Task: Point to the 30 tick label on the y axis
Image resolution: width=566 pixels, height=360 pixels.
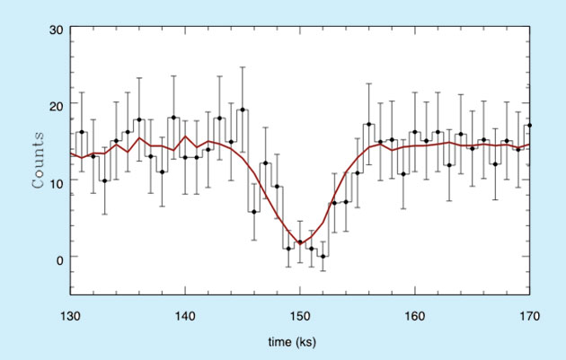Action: point(55,30)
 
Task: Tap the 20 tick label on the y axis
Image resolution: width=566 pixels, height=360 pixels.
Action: point(55,105)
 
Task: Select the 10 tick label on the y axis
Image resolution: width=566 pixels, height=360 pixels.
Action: point(55,181)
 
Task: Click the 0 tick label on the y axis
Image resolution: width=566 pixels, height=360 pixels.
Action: point(58,258)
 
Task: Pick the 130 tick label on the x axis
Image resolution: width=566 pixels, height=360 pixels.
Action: point(70,315)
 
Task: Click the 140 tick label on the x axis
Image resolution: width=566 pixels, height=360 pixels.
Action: point(185,315)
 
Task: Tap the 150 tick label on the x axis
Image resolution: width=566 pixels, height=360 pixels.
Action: point(300,315)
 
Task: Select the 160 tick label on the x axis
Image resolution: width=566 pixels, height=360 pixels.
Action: point(415,315)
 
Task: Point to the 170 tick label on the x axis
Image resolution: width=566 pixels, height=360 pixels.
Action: point(529,315)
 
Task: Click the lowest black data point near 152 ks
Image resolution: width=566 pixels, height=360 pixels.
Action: point(323,257)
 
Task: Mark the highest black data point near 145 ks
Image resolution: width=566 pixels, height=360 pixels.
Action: point(243,110)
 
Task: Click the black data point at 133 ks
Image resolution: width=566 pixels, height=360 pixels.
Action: point(104,180)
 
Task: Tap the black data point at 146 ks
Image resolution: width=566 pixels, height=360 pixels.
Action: point(254,212)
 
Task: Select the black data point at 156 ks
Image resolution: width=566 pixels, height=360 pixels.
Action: point(368,125)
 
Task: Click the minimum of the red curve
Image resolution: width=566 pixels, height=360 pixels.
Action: point(300,242)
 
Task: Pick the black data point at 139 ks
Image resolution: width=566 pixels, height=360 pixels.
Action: point(173,118)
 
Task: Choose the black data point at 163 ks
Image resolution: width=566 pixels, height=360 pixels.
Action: point(449,165)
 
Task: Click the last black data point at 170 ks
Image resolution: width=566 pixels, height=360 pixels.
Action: point(529,126)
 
